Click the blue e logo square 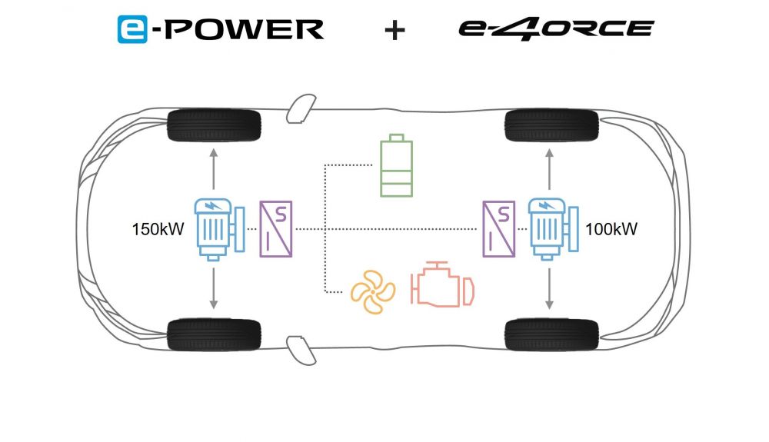click(132, 29)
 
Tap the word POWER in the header click(244, 29)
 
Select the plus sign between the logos click(394, 31)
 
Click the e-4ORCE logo click(556, 28)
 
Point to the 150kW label click(158, 229)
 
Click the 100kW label click(611, 229)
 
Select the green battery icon click(396, 165)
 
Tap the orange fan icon click(373, 291)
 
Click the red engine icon click(442, 284)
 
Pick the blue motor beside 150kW click(219, 229)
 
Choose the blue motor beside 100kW click(553, 229)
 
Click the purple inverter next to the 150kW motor click(275, 229)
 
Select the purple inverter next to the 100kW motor click(499, 229)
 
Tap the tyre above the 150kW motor click(214, 125)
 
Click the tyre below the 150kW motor click(214, 334)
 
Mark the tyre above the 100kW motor click(551, 125)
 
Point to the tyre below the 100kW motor click(551, 334)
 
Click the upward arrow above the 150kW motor click(213, 169)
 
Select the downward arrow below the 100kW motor click(549, 289)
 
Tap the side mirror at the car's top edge click(301, 108)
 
